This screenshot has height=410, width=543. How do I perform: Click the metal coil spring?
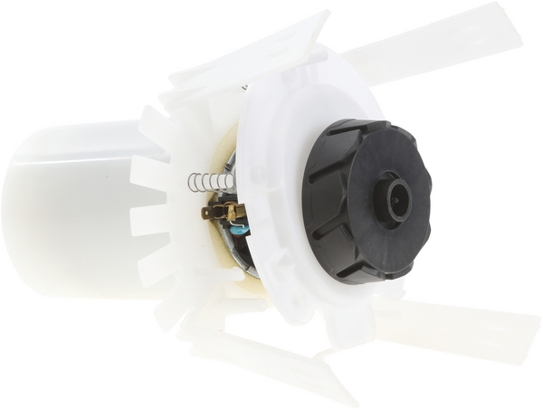click(210, 182)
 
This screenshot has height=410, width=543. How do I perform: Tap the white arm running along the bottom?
click(262, 362)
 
